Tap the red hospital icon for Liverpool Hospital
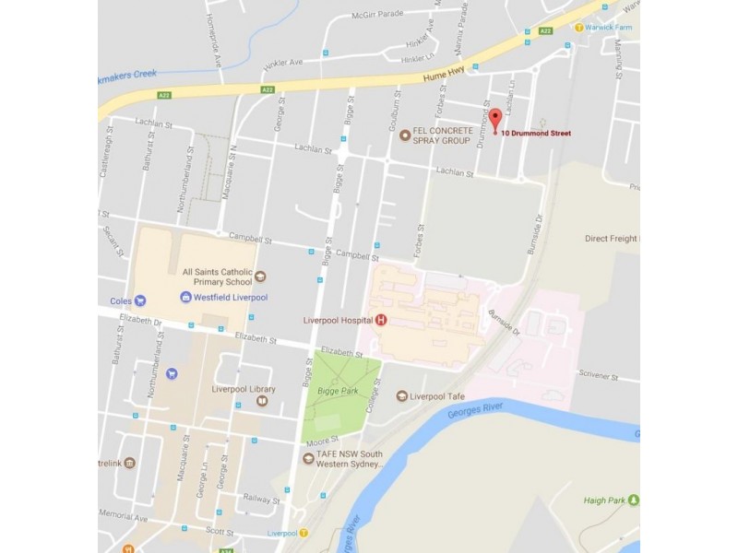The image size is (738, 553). (380, 320)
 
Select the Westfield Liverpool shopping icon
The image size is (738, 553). (185, 298)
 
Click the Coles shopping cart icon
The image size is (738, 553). (140, 300)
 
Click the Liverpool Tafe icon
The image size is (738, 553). (402, 396)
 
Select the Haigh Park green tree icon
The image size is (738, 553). (634, 500)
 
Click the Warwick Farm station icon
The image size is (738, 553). (579, 27)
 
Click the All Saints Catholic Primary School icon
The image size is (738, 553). (260, 276)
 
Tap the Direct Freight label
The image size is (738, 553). (612, 239)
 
